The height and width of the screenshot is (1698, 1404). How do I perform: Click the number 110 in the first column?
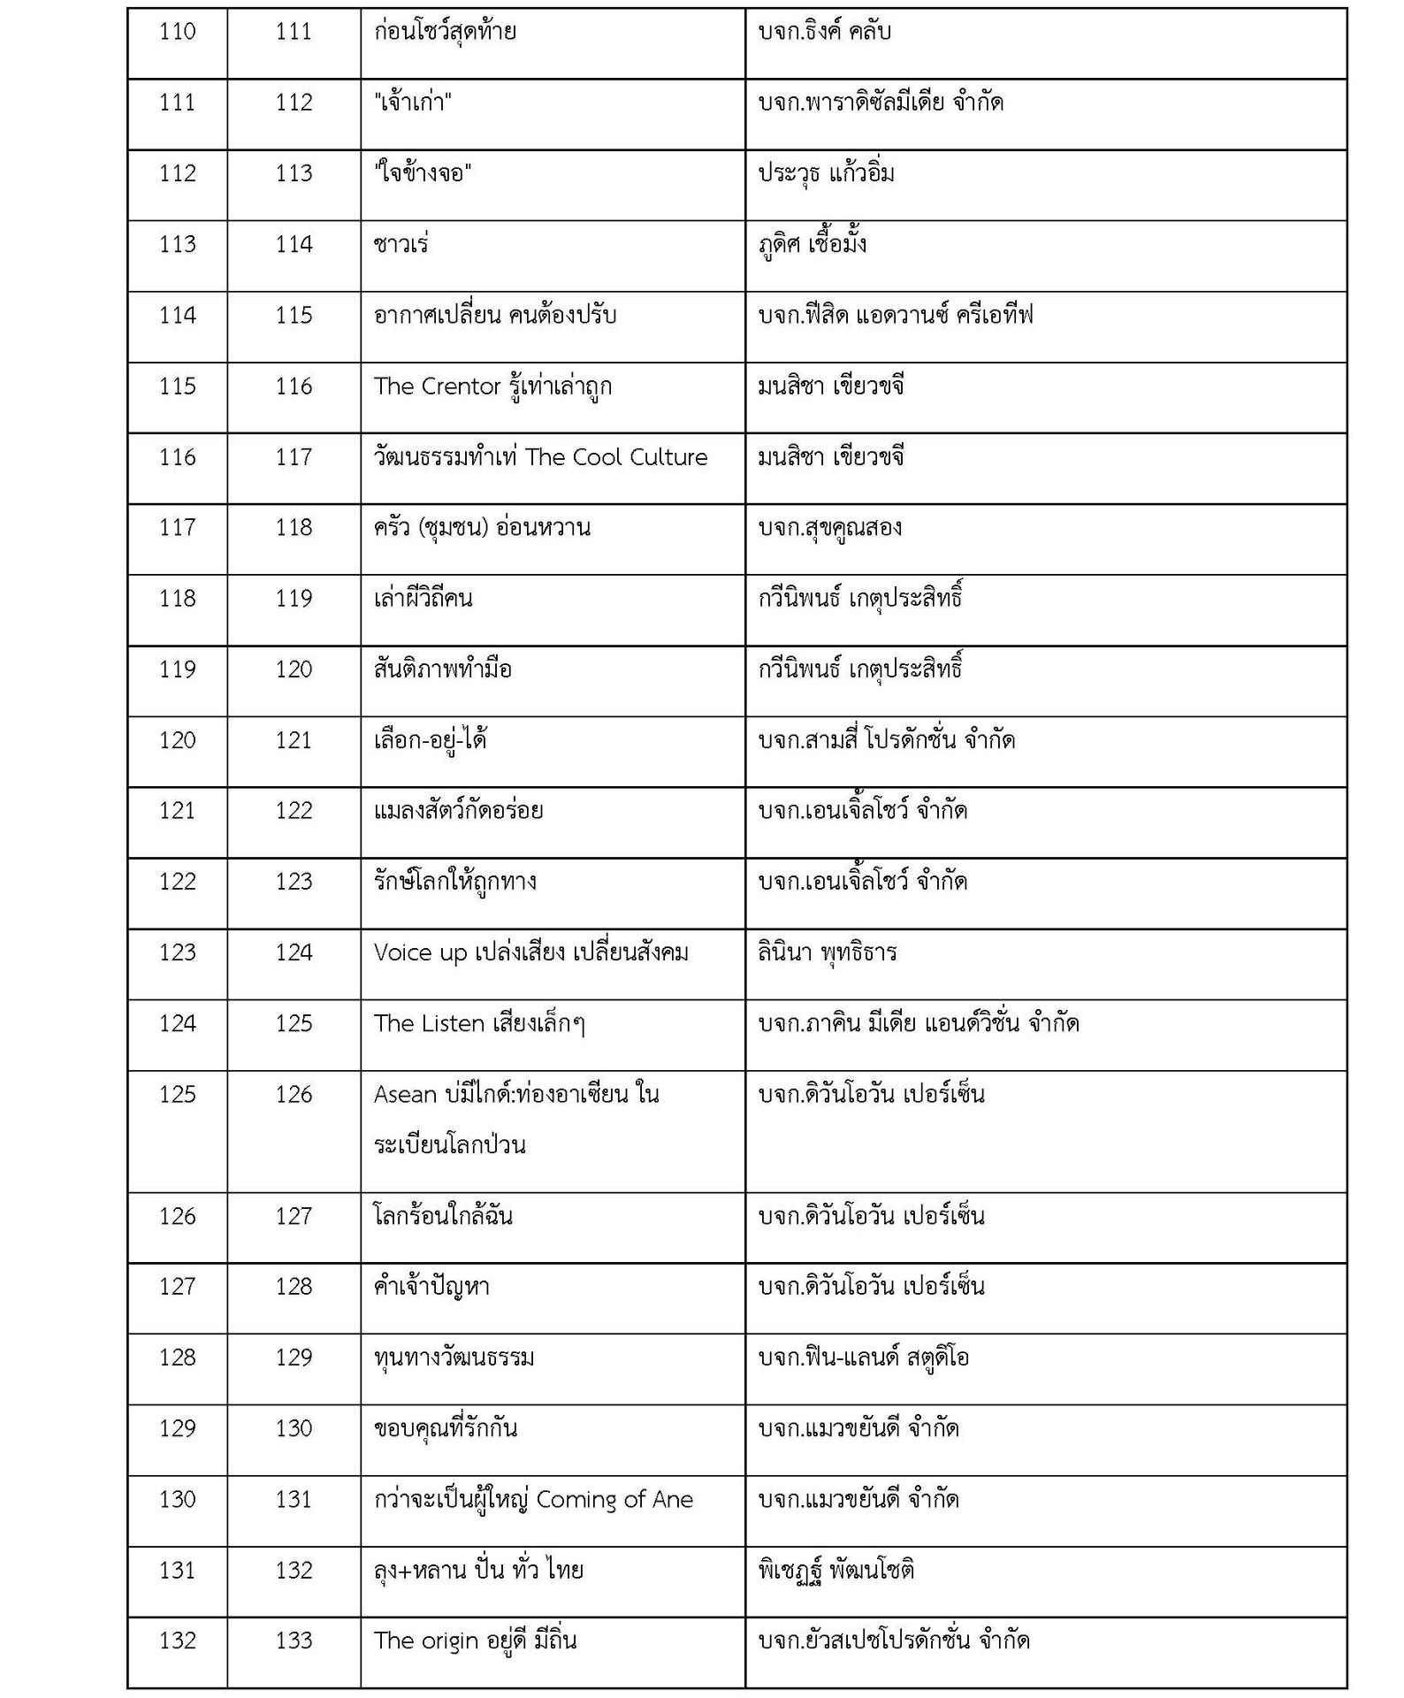tap(177, 33)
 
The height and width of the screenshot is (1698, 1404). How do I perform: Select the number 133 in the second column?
tap(294, 1641)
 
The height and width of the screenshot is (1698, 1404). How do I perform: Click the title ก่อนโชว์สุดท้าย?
tap(445, 33)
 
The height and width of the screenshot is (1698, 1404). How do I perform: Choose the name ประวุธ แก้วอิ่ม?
tap(827, 173)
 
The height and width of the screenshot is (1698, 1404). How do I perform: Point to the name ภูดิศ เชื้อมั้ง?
tap(812, 244)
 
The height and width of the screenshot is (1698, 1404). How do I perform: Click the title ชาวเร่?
tap(401, 244)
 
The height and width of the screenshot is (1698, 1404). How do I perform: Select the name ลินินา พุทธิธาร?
tap(828, 953)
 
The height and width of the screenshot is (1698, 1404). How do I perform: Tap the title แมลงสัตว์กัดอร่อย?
tap(458, 811)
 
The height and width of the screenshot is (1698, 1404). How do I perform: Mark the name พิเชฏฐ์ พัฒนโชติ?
tap(836, 1571)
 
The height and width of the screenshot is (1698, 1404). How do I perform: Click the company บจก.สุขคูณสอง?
tap(830, 528)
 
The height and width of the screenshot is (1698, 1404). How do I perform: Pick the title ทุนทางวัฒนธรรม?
tap(454, 1358)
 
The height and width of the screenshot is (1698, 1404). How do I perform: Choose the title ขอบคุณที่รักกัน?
tap(445, 1429)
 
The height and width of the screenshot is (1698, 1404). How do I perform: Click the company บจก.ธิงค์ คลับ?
tap(825, 33)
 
